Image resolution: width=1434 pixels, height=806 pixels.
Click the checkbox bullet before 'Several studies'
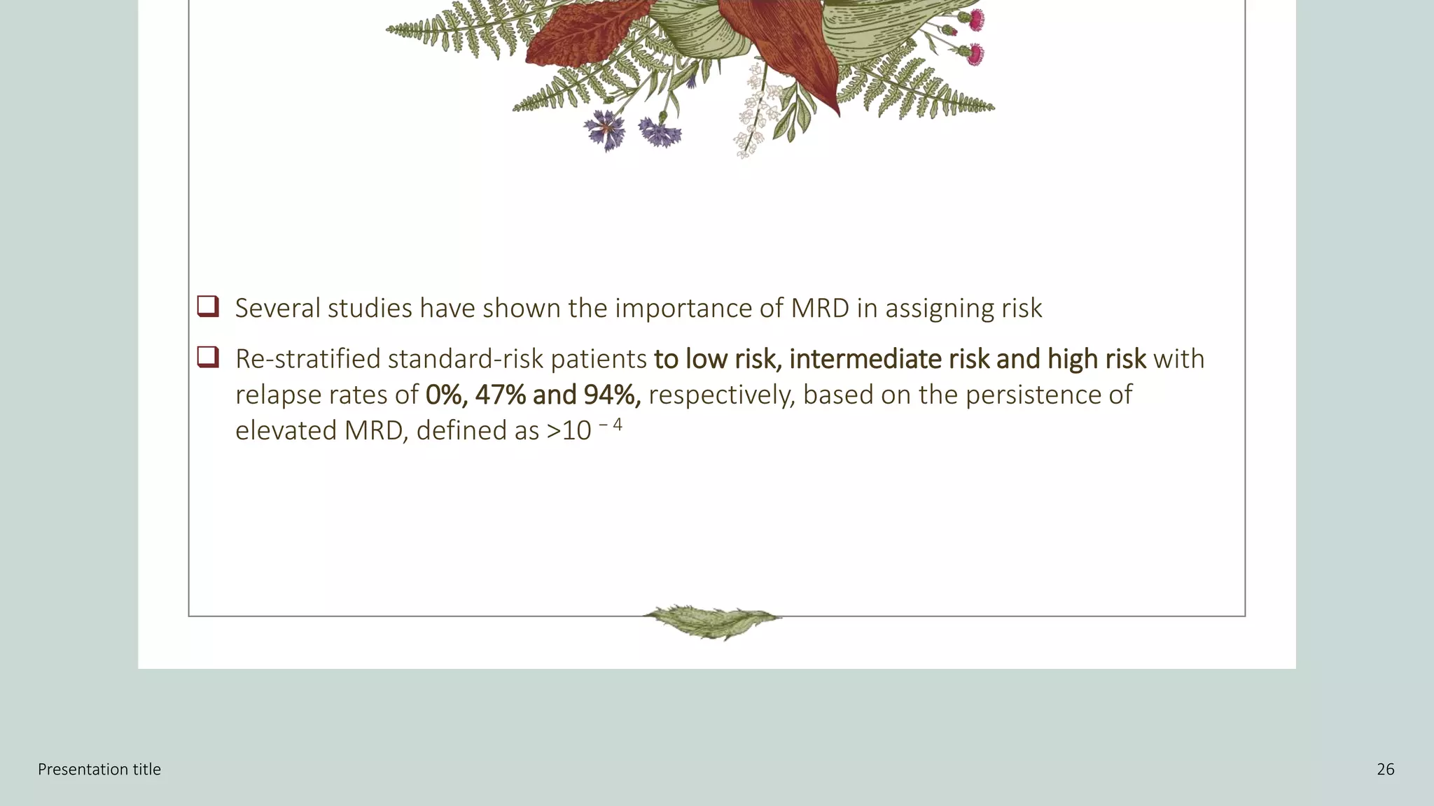pyautogui.click(x=208, y=306)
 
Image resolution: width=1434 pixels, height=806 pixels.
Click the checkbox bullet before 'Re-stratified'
pyautogui.click(x=208, y=358)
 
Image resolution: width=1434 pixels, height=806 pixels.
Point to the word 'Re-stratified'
pyautogui.click(x=307, y=359)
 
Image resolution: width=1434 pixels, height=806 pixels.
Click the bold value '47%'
pyautogui.click(x=500, y=395)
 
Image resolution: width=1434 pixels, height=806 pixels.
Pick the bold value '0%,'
pyautogui.click(x=446, y=395)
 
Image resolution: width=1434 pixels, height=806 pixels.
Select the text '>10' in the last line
pyautogui.click(x=569, y=431)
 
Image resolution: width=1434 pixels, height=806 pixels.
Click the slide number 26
pyautogui.click(x=1385, y=770)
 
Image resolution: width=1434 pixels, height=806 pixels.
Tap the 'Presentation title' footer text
pyautogui.click(x=99, y=770)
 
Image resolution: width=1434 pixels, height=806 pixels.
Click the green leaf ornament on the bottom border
pyautogui.click(x=712, y=621)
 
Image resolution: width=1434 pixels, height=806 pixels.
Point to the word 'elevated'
pyautogui.click(x=286, y=431)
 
